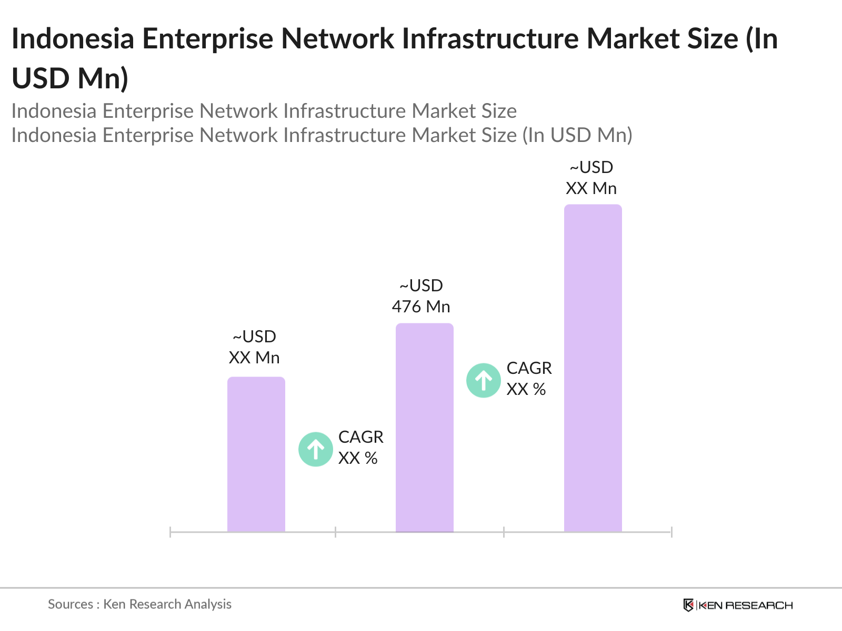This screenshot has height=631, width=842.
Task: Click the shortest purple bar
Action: click(256, 454)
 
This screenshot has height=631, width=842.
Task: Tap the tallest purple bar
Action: click(593, 368)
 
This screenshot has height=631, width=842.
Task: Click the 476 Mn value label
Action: click(421, 307)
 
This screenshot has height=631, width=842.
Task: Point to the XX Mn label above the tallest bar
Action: click(591, 188)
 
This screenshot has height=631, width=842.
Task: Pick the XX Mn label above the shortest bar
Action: click(254, 358)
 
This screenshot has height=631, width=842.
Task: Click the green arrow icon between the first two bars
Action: click(316, 449)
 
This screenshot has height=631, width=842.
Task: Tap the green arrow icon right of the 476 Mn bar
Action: click(483, 380)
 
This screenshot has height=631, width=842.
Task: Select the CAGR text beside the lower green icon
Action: click(360, 437)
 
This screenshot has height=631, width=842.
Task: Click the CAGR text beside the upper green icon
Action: click(529, 368)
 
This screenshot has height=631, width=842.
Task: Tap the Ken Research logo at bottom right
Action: click(738, 605)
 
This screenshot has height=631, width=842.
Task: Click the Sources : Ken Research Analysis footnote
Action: click(139, 604)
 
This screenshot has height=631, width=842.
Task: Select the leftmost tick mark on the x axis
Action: click(171, 532)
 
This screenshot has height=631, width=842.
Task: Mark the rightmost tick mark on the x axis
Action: click(671, 532)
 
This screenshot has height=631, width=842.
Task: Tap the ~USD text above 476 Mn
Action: click(421, 286)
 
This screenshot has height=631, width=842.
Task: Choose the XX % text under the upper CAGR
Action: click(526, 389)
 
